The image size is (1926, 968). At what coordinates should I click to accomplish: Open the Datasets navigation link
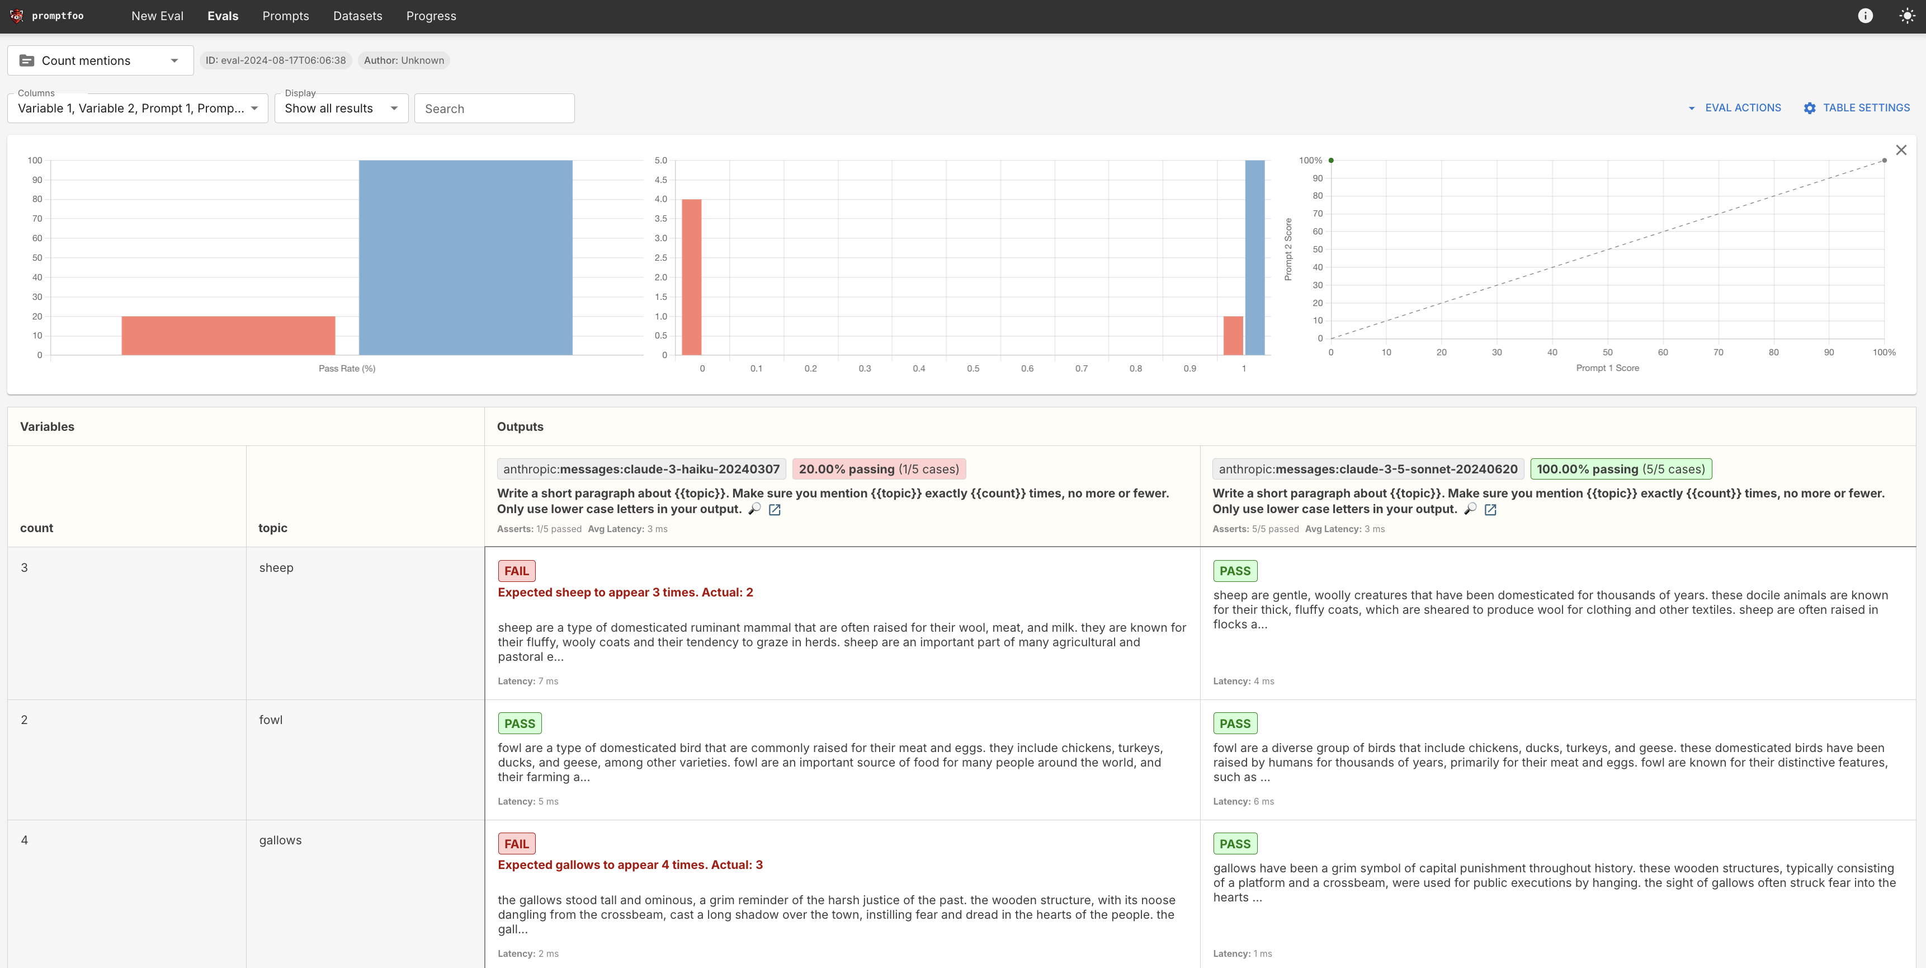coord(357,16)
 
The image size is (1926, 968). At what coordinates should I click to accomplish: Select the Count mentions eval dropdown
coord(100,60)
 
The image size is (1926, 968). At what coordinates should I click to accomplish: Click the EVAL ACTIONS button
coord(1735,108)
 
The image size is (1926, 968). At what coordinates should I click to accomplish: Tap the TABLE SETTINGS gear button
coord(1857,108)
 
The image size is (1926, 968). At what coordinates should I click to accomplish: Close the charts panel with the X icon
coord(1901,151)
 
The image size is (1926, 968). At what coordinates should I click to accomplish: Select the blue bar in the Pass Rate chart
coord(465,257)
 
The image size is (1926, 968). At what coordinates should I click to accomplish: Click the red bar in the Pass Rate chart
coord(228,335)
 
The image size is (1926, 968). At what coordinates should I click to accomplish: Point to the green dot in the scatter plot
coord(1331,161)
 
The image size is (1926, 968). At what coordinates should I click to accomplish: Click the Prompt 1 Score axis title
coord(1607,368)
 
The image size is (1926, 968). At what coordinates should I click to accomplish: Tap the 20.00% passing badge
coord(879,469)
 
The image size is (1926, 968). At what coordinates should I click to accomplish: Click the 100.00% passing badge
coord(1620,469)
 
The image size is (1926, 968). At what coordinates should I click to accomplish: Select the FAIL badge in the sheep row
coord(516,571)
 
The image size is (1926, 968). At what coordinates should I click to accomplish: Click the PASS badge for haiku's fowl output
coord(519,723)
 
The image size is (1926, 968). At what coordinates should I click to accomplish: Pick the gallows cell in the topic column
coord(280,840)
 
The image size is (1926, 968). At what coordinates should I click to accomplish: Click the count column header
coord(37,528)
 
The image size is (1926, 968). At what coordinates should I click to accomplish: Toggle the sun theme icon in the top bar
coord(1906,16)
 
